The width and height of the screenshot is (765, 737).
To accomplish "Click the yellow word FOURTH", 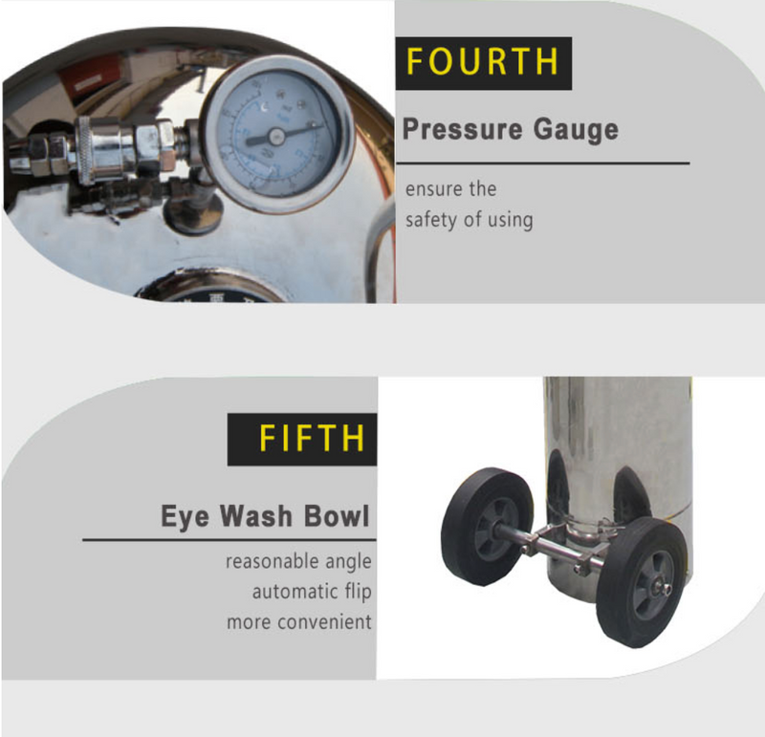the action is tap(482, 61).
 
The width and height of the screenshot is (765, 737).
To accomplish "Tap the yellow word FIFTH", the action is tap(312, 438).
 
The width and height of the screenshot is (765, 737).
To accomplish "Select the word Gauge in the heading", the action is tap(576, 130).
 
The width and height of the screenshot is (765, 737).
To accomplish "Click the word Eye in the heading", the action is tap(185, 517).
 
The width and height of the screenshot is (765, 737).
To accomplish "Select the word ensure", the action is tap(433, 189).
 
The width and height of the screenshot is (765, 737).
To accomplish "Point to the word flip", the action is tap(358, 592).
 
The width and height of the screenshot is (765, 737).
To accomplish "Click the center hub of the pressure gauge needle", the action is tap(276, 137).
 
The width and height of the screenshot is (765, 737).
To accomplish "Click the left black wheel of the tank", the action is tap(487, 527).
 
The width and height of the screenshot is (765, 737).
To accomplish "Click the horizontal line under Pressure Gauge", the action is tap(543, 163).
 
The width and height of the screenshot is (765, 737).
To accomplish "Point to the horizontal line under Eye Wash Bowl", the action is tap(229, 540).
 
